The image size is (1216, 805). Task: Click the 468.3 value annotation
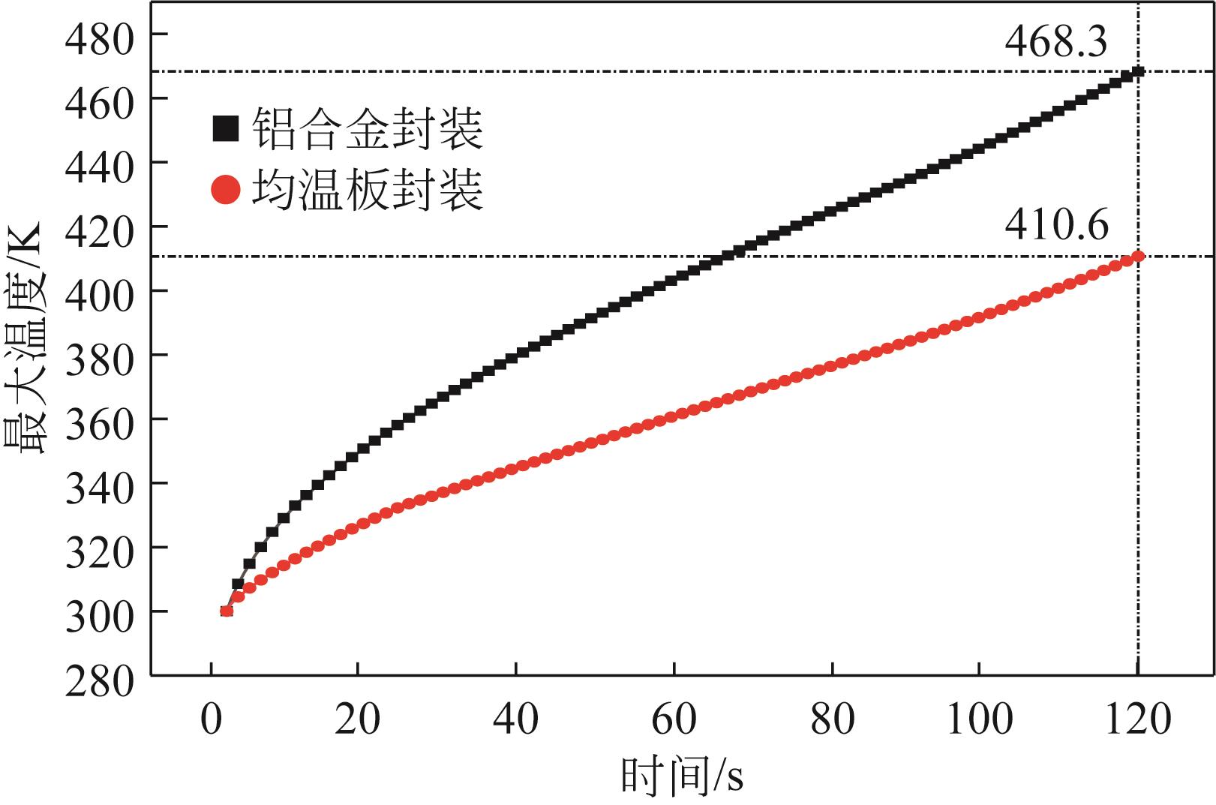coord(1055,43)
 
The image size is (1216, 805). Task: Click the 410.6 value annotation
coord(1056,224)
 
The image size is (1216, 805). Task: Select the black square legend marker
coord(226,128)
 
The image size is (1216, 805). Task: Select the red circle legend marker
coord(226,190)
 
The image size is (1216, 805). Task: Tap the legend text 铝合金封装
coord(367,128)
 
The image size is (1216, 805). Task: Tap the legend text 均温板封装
coord(367,190)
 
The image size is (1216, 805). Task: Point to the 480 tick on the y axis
coord(99,35)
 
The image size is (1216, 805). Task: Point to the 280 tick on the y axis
coord(99,676)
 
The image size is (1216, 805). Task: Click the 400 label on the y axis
coord(99,291)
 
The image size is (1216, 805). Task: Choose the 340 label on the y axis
coord(99,483)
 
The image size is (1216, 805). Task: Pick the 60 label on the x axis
coord(674,719)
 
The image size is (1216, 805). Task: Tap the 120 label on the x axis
coord(1138,719)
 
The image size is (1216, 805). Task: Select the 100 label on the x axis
coord(979,719)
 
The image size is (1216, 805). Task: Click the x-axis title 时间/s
coord(682,776)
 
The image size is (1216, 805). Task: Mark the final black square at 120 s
coord(1138,71)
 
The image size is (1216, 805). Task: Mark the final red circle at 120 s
coord(1138,257)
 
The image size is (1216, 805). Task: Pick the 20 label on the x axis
coord(358,719)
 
